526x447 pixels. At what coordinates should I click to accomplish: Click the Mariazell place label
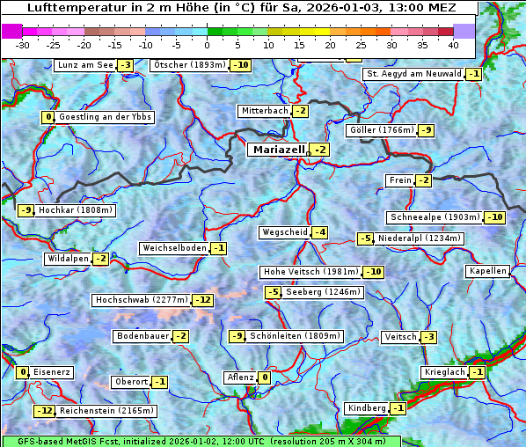tap(277, 150)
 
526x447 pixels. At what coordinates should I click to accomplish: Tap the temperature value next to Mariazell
tap(320, 150)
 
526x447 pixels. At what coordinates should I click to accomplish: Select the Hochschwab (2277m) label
tap(141, 300)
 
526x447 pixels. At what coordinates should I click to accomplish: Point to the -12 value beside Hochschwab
tap(203, 300)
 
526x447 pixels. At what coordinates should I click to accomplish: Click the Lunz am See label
tap(85, 65)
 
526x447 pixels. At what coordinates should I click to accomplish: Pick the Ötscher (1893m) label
tap(189, 65)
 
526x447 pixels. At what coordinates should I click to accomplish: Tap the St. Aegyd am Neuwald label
tap(413, 74)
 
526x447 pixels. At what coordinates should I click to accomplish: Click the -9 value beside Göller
tap(426, 130)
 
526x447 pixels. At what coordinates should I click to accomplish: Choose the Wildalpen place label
tap(68, 259)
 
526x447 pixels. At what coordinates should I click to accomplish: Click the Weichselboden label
tap(174, 248)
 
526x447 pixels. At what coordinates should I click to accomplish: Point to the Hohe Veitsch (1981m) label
tap(310, 272)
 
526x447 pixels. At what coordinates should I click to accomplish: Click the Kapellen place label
tap(488, 271)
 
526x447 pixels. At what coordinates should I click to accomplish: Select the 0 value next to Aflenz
tap(264, 377)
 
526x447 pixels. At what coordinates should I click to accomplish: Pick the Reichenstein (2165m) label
tap(107, 411)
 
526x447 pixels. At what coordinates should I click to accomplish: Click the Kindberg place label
tap(367, 408)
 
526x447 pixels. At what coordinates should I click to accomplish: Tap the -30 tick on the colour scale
tap(24, 44)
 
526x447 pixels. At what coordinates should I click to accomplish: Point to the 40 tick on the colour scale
tap(453, 44)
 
